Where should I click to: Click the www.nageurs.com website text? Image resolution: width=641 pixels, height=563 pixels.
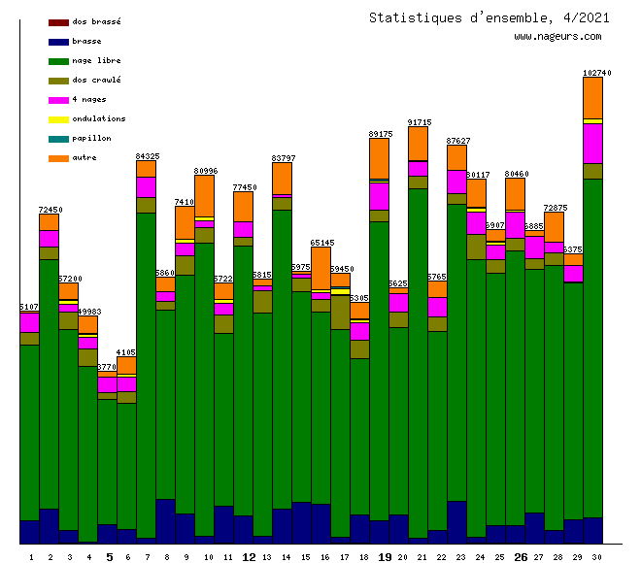pyautogui.click(x=557, y=37)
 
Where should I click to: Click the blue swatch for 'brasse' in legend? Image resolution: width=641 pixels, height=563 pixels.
pyautogui.click(x=58, y=41)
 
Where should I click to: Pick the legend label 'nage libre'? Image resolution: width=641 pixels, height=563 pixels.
pyautogui.click(x=96, y=60)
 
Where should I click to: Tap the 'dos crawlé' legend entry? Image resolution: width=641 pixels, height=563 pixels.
pyautogui.click(x=96, y=80)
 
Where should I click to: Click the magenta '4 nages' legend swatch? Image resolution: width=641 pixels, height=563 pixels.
pyautogui.click(x=58, y=99)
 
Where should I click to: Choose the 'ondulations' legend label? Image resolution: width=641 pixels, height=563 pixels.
pyautogui.click(x=98, y=118)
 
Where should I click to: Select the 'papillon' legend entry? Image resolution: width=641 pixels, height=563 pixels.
pyautogui.click(x=91, y=138)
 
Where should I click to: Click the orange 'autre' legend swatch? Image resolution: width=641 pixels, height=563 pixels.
pyautogui.click(x=58, y=157)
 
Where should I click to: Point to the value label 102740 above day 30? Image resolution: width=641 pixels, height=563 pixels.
pyautogui.click(x=596, y=73)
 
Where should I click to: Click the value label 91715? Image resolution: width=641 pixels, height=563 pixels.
pyautogui.click(x=420, y=122)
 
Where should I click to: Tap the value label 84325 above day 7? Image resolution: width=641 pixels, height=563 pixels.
pyautogui.click(x=148, y=155)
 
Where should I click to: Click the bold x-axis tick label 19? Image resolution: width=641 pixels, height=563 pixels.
pyautogui.click(x=385, y=557)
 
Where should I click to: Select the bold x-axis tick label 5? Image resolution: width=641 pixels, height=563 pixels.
pyautogui.click(x=109, y=557)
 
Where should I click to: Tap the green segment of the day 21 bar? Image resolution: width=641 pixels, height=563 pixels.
pyautogui.click(x=419, y=359)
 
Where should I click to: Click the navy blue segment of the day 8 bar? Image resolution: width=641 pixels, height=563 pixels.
pyautogui.click(x=166, y=520)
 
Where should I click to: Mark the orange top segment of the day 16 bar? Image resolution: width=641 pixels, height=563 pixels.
pyautogui.click(x=321, y=267)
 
